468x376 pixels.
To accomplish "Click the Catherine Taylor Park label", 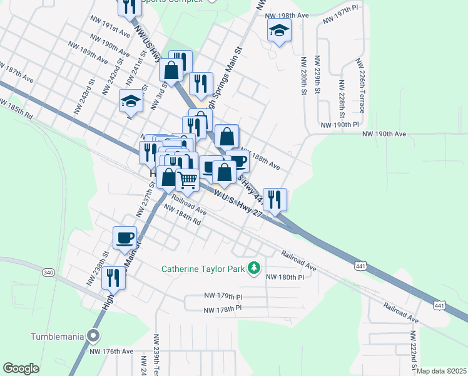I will point(203,269).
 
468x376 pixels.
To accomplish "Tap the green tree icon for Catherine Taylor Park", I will point(254,268).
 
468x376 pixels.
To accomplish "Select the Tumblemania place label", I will point(58,337).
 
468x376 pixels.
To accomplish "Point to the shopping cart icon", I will point(188,180).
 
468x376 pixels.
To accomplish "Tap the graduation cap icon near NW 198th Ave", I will point(279,29).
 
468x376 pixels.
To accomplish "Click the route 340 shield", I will point(49,273).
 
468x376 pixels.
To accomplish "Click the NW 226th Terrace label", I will point(360,81).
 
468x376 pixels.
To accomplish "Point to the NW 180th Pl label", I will point(285,277).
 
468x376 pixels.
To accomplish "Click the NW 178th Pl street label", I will point(222,309).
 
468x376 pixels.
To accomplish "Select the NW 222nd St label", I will point(414,355).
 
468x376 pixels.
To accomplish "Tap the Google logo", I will point(21,368).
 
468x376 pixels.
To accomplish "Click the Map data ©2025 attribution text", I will point(442,371).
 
